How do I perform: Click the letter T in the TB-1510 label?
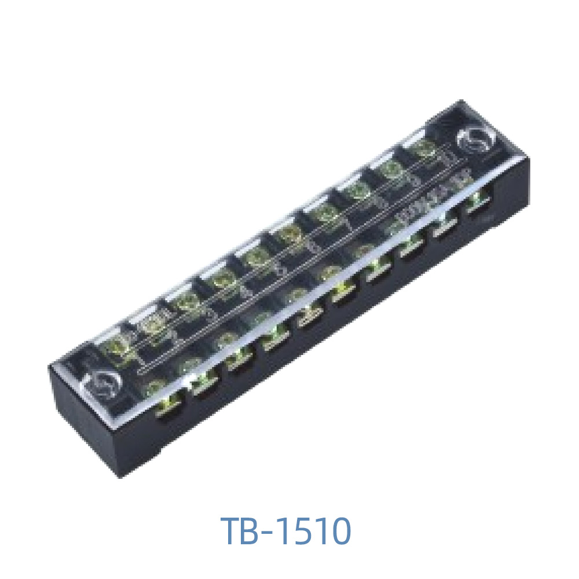(x=233, y=531)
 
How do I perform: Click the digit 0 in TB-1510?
(x=340, y=531)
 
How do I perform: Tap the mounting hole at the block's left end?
(x=103, y=383)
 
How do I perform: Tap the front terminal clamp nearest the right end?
(x=478, y=204)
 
